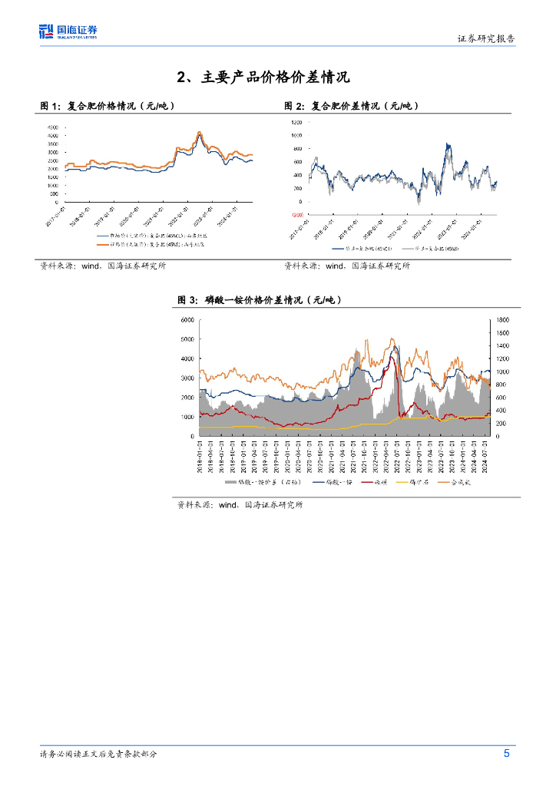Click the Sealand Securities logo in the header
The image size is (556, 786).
click(x=68, y=31)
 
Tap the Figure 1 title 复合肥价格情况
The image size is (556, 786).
click(x=115, y=106)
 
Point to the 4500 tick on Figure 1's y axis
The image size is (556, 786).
click(x=53, y=127)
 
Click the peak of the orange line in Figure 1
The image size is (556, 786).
click(x=200, y=132)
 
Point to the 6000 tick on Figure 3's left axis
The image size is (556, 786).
click(x=187, y=319)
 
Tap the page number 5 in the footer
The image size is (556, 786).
click(x=507, y=753)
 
